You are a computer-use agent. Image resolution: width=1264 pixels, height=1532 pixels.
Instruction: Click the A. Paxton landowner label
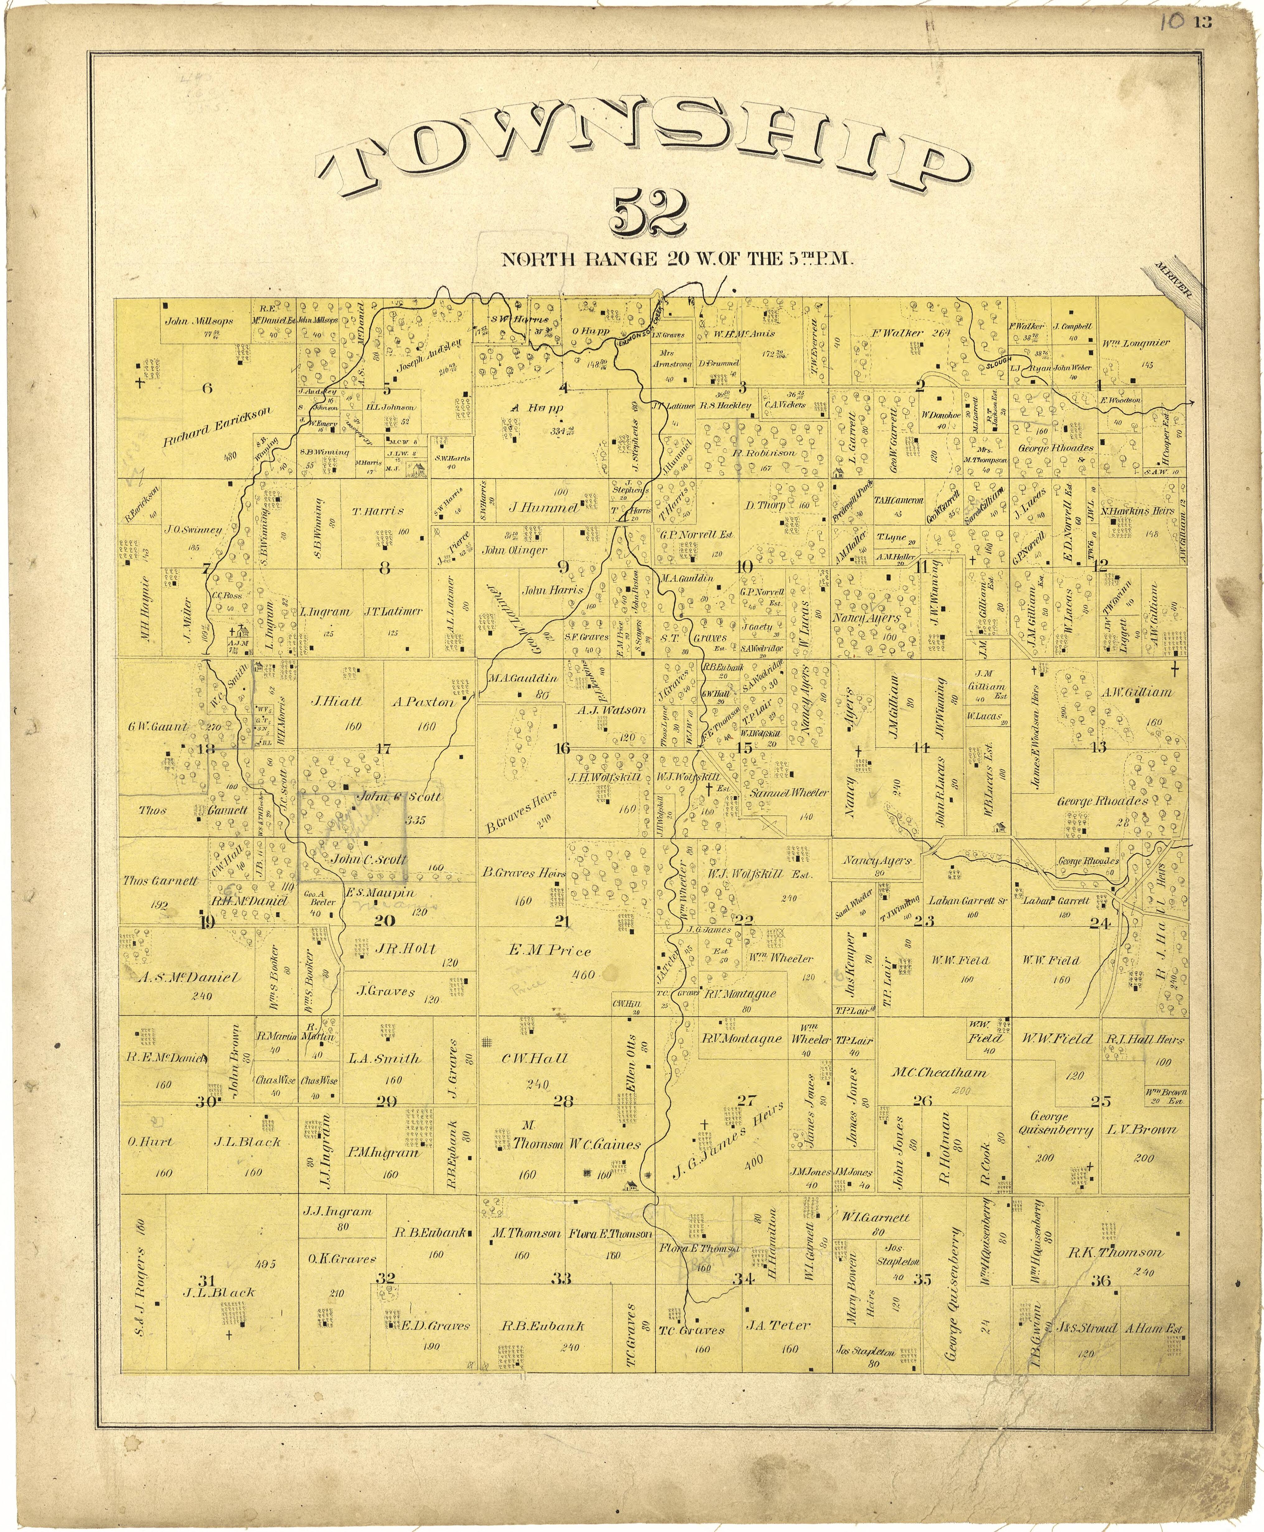(423, 703)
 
